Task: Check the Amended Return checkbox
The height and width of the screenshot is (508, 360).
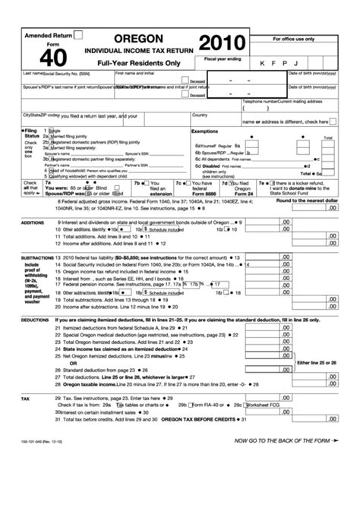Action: coord(78,35)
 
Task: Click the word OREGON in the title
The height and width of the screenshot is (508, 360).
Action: coord(139,38)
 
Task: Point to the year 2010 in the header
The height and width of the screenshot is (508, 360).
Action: coord(221,43)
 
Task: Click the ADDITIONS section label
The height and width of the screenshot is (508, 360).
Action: coord(33,223)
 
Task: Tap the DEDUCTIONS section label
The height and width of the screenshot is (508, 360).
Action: coord(35,320)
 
